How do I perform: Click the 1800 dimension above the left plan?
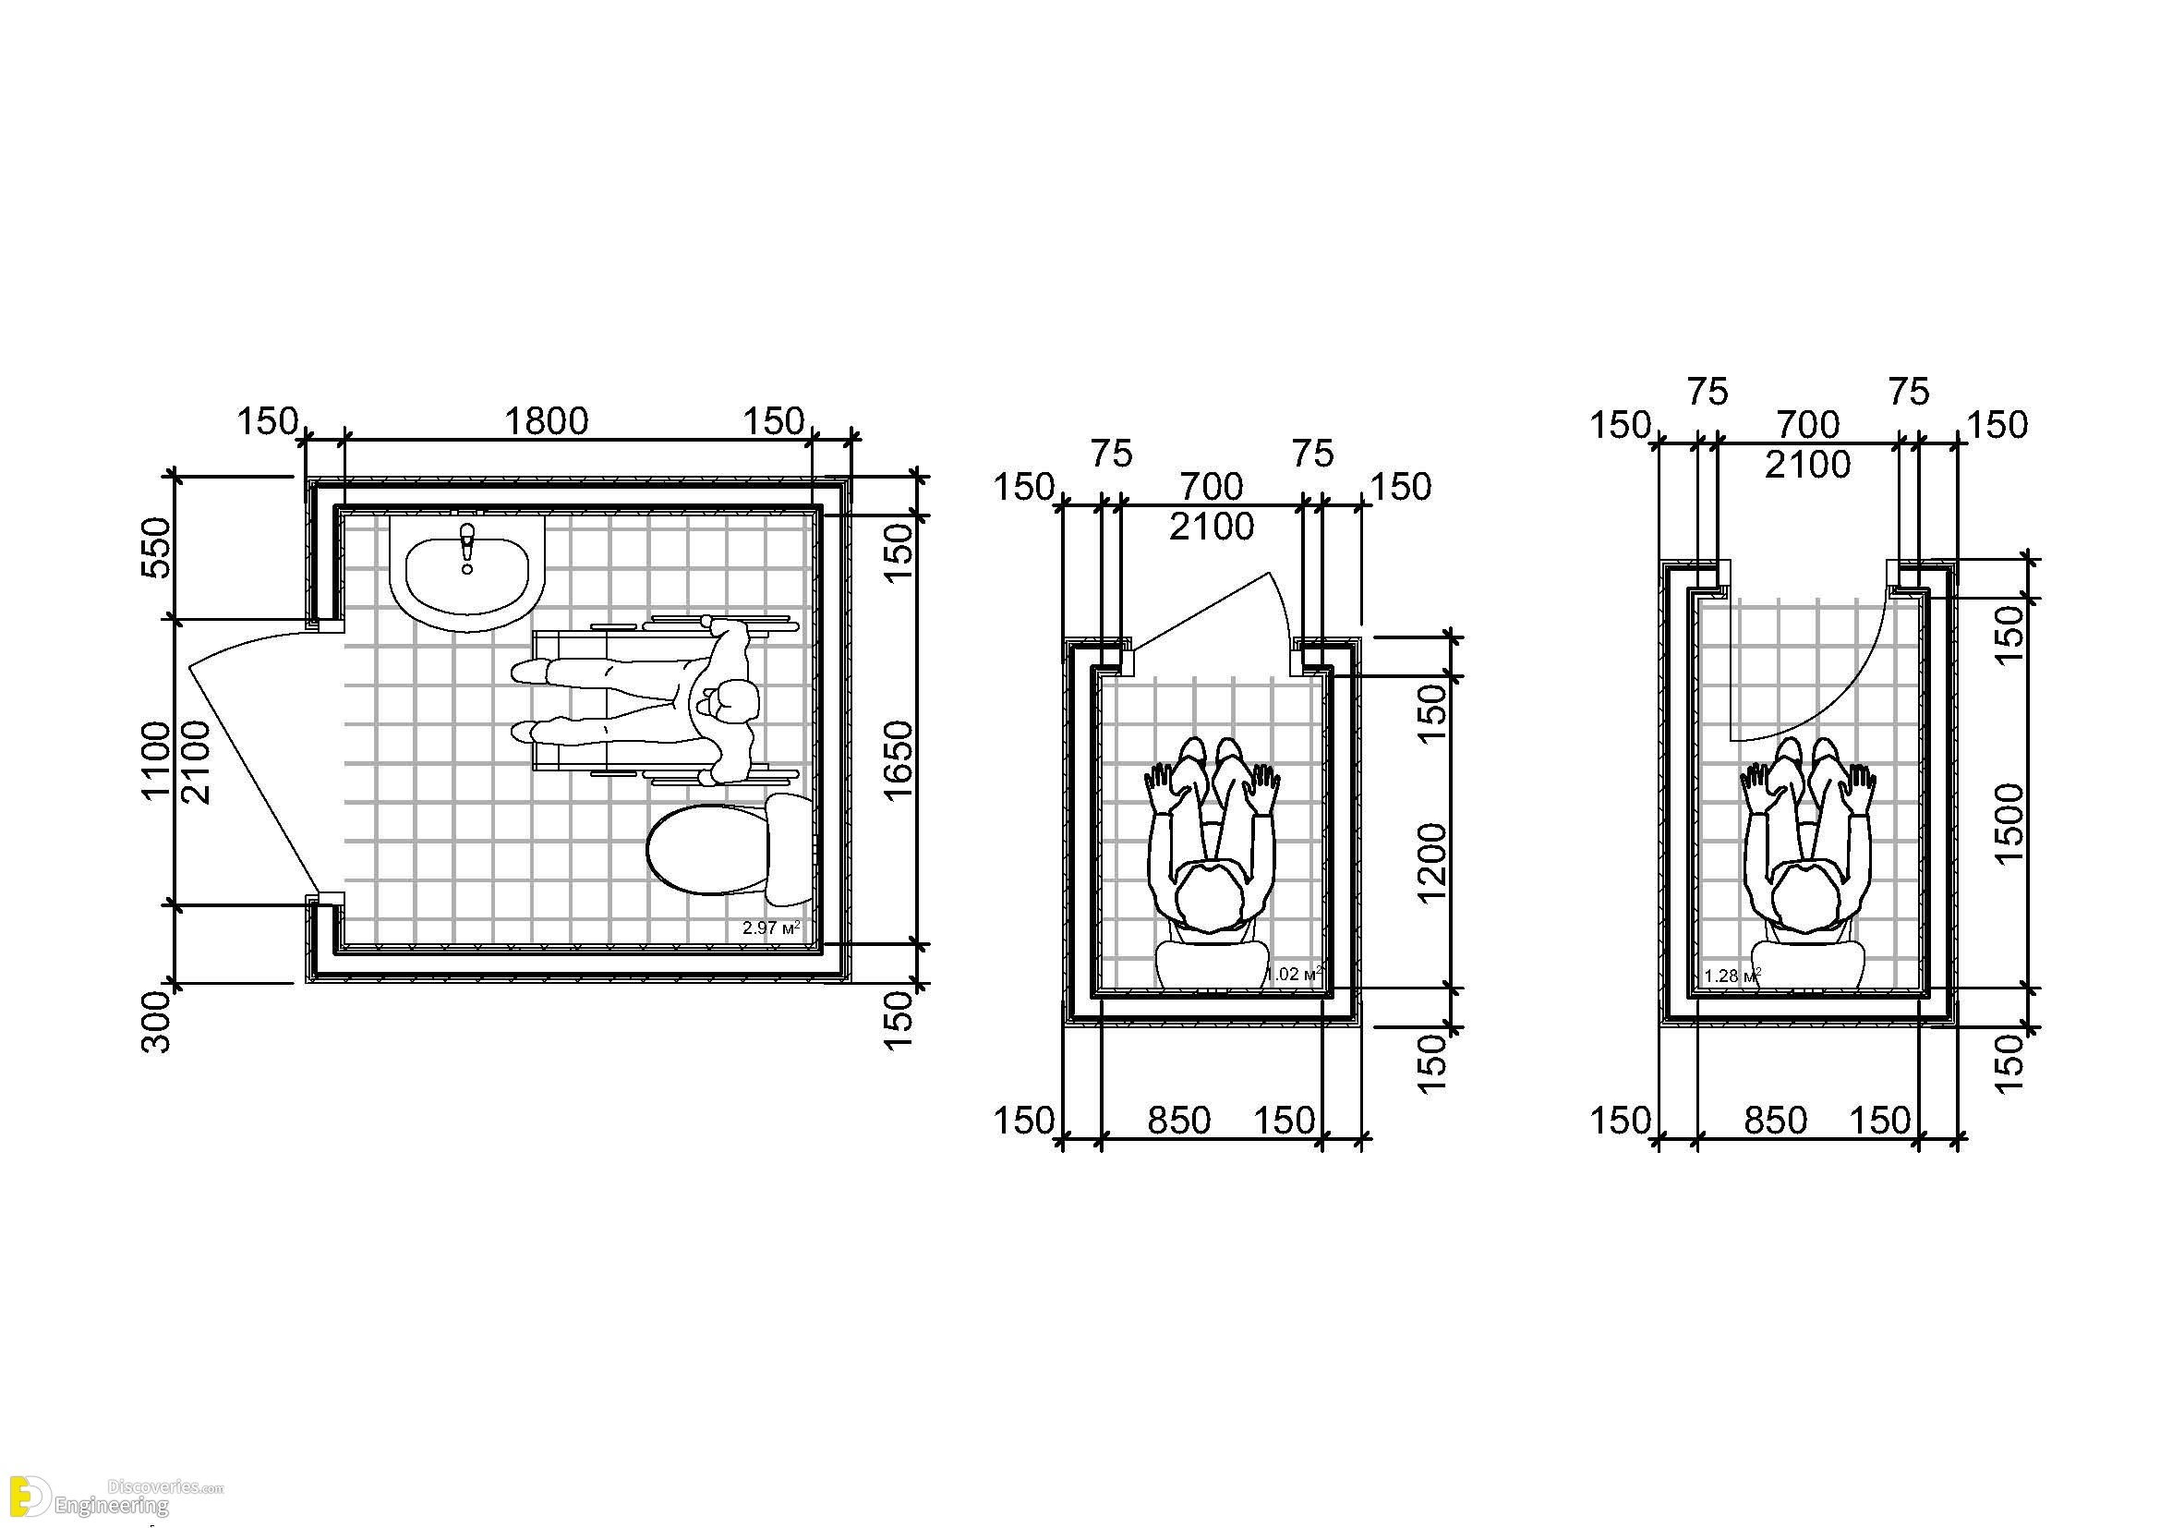click(547, 420)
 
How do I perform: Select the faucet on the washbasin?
click(466, 548)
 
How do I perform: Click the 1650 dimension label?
click(899, 759)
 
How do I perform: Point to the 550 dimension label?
click(157, 548)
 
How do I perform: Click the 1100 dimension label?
click(157, 760)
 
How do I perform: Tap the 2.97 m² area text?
click(770, 928)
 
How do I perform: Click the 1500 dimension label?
click(2009, 823)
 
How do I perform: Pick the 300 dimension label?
click(157, 1023)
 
